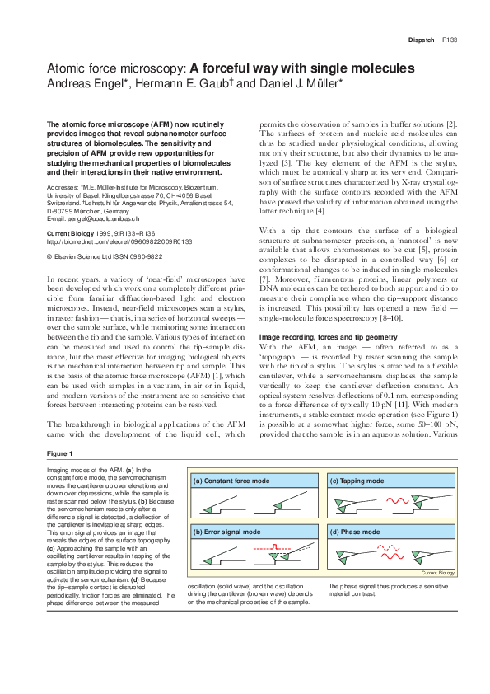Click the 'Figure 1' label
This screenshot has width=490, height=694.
(x=59, y=453)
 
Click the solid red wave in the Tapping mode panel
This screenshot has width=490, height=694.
(x=392, y=501)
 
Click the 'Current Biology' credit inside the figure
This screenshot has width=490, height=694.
(x=437, y=572)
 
